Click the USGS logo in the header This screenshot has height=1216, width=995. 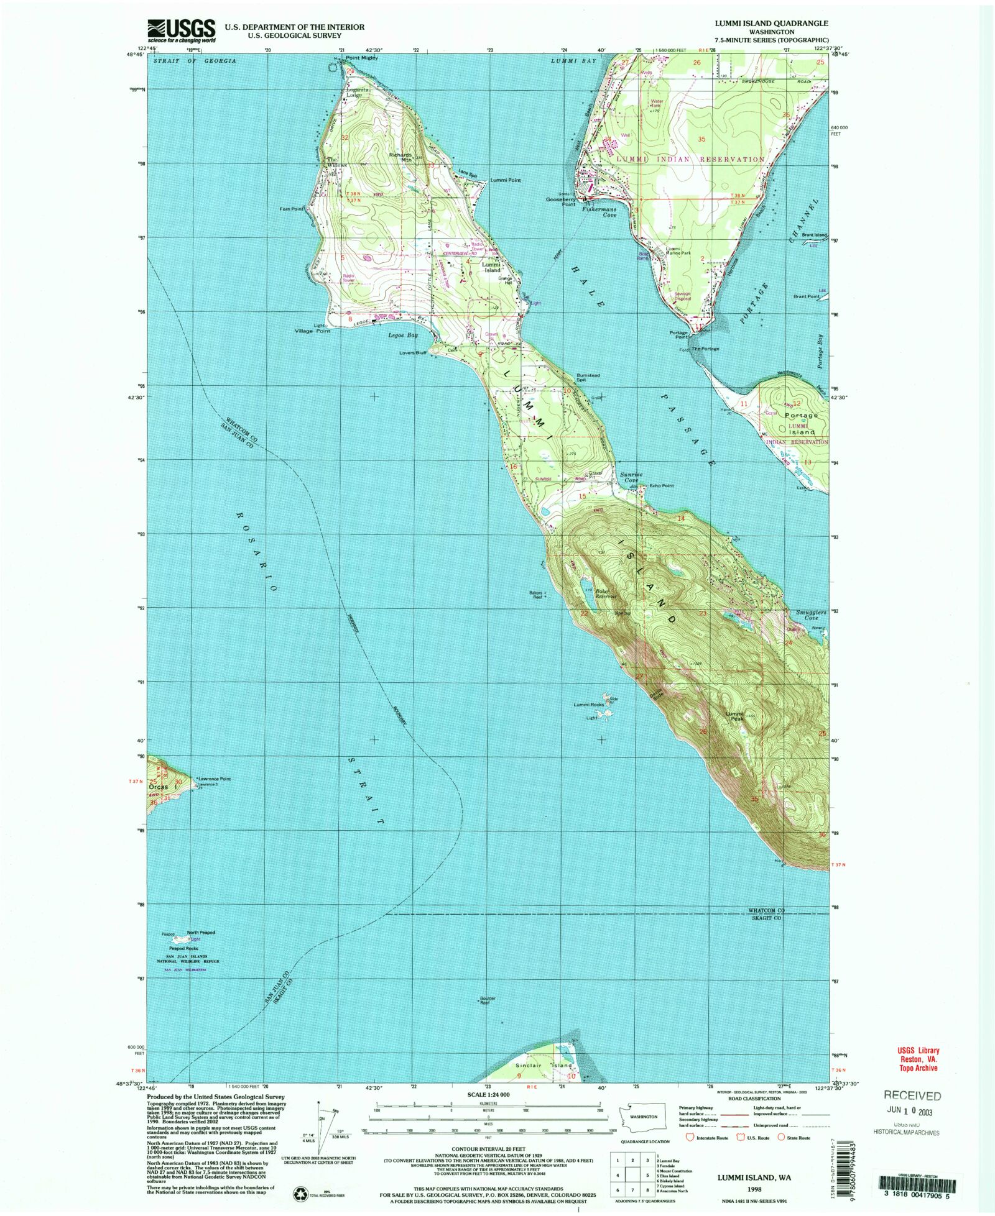coord(181,30)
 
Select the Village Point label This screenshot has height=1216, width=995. coord(312,331)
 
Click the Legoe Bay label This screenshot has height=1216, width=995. coord(403,336)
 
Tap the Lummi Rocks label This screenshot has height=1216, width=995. coord(588,705)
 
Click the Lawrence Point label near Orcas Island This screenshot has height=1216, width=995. coord(215,779)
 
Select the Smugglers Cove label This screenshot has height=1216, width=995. coord(811,615)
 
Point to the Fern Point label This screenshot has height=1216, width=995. coord(292,209)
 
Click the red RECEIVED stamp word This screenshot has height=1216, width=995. coord(912,1096)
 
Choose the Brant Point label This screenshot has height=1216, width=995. coord(806,297)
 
